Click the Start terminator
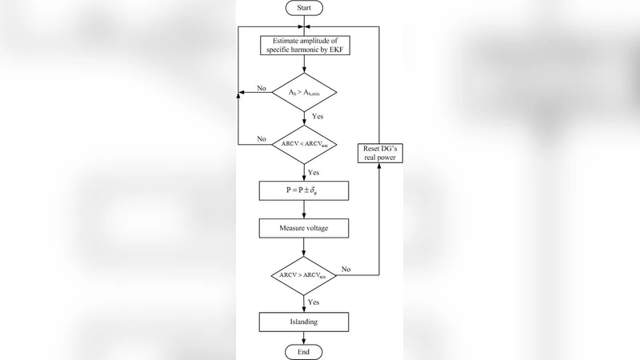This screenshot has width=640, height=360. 303,8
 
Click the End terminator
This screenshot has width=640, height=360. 303,352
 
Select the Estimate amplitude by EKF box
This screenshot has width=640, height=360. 303,45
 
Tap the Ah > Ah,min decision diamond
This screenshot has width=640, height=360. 303,93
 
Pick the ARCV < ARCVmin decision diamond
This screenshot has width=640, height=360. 303,144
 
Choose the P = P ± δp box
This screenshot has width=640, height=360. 303,191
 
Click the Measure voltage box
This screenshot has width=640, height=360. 303,228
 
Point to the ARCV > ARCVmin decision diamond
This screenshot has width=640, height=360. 303,274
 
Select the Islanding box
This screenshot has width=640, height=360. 303,322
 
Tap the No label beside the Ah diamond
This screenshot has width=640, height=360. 262,87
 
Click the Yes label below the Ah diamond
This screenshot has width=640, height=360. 318,117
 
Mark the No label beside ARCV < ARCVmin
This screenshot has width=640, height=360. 262,138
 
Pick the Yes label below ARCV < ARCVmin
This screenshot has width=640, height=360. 314,172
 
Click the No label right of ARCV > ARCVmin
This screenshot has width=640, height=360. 346,270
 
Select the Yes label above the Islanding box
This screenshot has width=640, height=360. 314,302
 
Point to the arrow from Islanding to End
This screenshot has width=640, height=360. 303,339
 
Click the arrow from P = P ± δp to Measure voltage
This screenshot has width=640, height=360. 303,210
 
